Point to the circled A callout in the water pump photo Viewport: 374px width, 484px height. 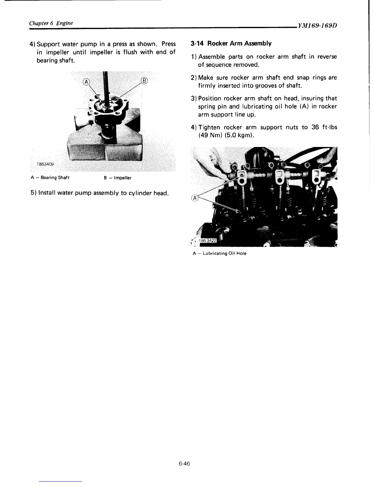click(x=86, y=82)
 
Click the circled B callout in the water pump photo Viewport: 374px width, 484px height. click(x=144, y=81)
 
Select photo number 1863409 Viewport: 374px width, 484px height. click(x=45, y=164)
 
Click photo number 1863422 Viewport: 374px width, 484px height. click(x=207, y=241)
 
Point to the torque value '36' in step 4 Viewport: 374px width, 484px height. click(x=315, y=127)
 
